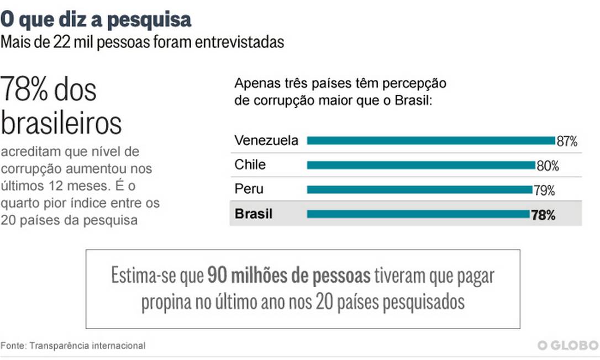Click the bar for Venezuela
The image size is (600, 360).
pyautogui.click(x=430, y=141)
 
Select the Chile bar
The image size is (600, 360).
pyautogui.click(x=421, y=165)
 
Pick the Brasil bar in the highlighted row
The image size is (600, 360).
pyautogui.click(x=418, y=214)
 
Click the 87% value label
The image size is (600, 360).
pyautogui.click(x=567, y=141)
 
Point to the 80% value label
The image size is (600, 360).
pyautogui.click(x=548, y=166)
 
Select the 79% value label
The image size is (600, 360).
pyautogui.click(x=544, y=190)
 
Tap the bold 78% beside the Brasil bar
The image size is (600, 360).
pyautogui.click(x=543, y=215)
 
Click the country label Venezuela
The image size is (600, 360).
pyautogui.click(x=266, y=140)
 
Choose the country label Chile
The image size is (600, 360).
pyautogui.click(x=250, y=165)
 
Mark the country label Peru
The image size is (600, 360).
pyautogui.click(x=249, y=189)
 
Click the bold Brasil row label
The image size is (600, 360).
pyautogui.click(x=254, y=214)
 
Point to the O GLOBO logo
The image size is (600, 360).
pyautogui.click(x=568, y=346)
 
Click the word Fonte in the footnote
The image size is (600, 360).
pyautogui.click(x=13, y=346)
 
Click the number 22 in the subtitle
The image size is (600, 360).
pyautogui.click(x=61, y=43)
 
